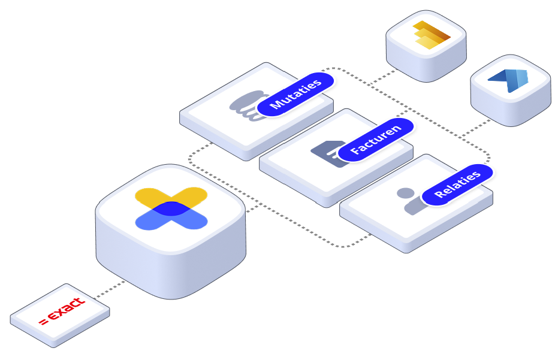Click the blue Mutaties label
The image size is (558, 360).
[296, 95]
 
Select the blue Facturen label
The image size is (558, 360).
[376, 140]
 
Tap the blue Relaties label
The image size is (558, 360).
[458, 184]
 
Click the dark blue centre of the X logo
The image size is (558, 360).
[171, 208]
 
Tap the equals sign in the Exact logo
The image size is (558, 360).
[43, 323]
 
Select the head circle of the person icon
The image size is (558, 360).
[406, 193]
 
